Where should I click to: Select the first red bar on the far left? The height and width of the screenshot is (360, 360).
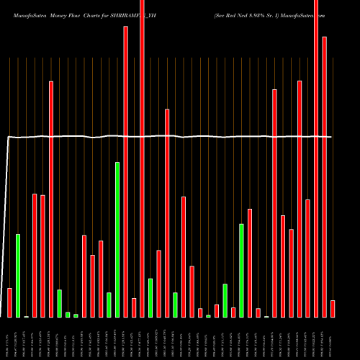(9, 302)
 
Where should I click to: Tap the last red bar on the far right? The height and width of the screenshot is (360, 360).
(333, 308)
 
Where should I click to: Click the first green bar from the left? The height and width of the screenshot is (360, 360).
(18, 275)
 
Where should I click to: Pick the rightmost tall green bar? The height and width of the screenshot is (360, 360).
(241, 270)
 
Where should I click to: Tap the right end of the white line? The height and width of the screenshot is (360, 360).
(332, 137)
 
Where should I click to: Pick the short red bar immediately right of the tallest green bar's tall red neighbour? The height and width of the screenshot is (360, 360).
(134, 307)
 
